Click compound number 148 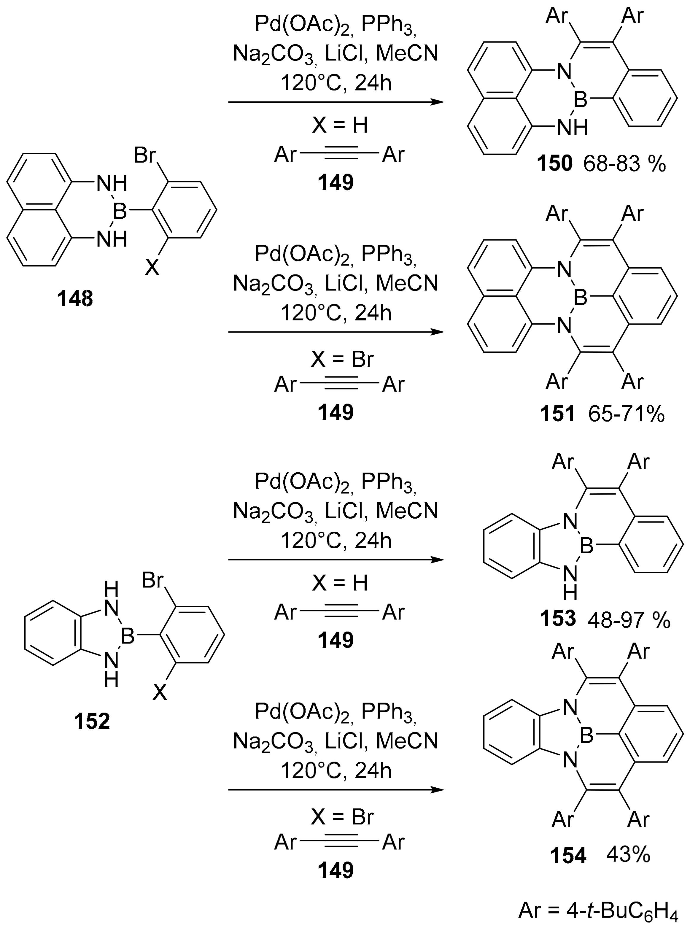[x=76, y=299]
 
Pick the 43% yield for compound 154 [x=629, y=855]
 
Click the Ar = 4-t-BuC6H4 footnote [x=597, y=910]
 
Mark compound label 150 [x=555, y=165]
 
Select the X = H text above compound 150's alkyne [x=340, y=125]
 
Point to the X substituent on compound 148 [x=152, y=267]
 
